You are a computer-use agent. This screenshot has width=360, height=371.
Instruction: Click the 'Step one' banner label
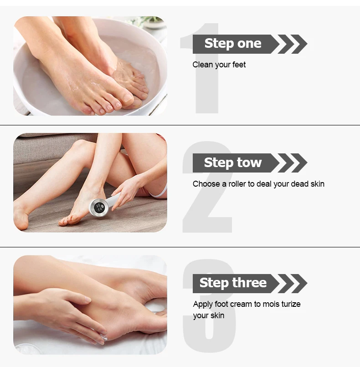(x=233, y=44)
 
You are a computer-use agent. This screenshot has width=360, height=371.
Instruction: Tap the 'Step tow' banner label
(x=233, y=163)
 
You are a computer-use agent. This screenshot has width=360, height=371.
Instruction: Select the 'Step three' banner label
(x=233, y=283)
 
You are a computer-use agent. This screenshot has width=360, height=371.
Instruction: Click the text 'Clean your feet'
(x=219, y=65)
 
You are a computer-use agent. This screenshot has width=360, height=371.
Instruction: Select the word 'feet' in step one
(x=239, y=65)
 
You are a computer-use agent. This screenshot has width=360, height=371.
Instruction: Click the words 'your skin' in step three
(x=208, y=315)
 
